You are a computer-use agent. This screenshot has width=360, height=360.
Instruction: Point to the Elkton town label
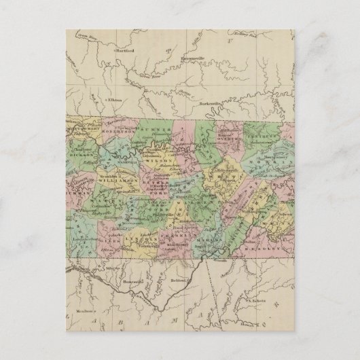pos(115,100)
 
